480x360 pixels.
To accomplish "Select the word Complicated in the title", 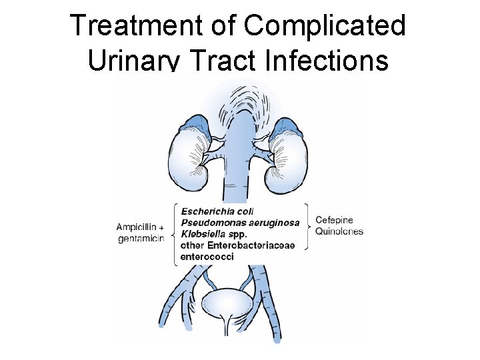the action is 325,26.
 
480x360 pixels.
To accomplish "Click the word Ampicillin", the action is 138,225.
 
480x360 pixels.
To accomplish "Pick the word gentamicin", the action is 140,238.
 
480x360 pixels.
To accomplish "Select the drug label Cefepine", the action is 334,220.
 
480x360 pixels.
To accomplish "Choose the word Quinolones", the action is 339,232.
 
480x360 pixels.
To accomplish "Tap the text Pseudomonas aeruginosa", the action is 240,223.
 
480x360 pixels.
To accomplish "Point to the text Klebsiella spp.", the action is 213,234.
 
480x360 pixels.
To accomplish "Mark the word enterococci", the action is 207,257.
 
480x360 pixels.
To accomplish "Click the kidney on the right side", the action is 289,161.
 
